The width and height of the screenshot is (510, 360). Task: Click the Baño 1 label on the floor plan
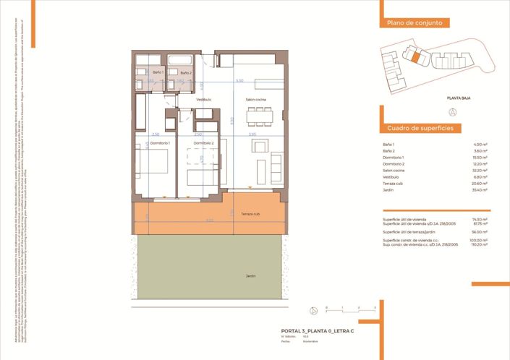(158, 73)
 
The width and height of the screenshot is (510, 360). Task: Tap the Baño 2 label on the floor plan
(185, 73)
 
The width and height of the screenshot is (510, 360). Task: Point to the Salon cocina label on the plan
(256, 99)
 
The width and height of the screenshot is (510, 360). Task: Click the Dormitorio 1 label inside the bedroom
(158, 143)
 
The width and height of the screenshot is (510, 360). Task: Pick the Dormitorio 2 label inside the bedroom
(203, 143)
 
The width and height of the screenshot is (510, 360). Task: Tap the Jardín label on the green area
(250, 275)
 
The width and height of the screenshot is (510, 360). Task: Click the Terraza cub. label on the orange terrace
(250, 215)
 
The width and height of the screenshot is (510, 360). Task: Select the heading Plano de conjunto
(415, 24)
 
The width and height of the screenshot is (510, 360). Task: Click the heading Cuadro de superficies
(420, 127)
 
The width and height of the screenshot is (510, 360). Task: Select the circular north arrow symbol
(454, 112)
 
